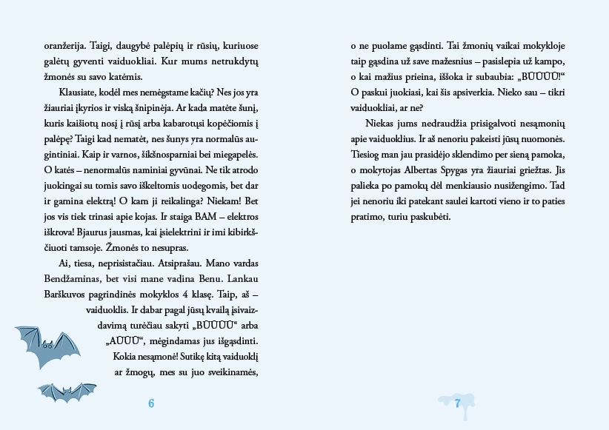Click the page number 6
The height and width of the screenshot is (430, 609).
151,404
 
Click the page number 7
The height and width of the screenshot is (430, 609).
458,403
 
